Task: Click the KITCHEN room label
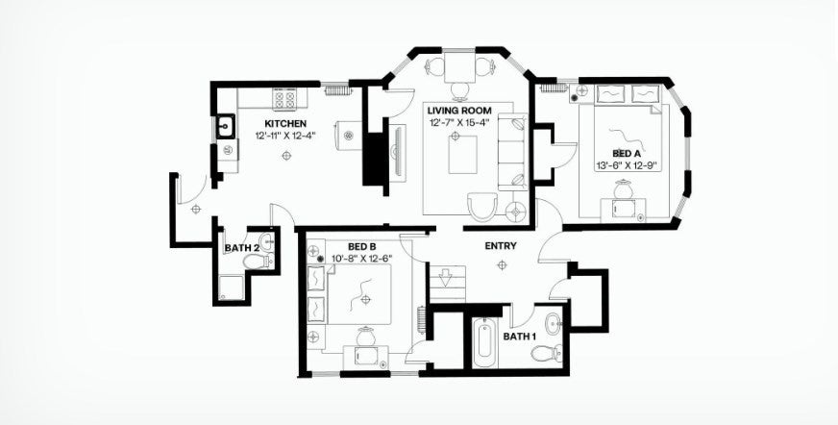pos(285,123)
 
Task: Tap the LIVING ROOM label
pos(459,111)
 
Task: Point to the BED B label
pos(361,247)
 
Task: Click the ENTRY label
pos(501,246)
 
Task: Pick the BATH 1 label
pos(520,337)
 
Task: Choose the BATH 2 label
pos(242,248)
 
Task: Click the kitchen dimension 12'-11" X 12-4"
pos(285,136)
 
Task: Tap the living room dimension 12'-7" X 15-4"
pos(459,123)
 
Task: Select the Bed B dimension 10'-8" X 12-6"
pos(361,259)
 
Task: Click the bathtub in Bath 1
pos(485,342)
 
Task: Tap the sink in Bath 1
pos(554,323)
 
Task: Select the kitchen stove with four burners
pos(284,98)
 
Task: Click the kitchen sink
pos(226,127)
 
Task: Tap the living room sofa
pos(512,152)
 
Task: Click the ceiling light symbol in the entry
pos(502,264)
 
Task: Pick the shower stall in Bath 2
pos(231,288)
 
